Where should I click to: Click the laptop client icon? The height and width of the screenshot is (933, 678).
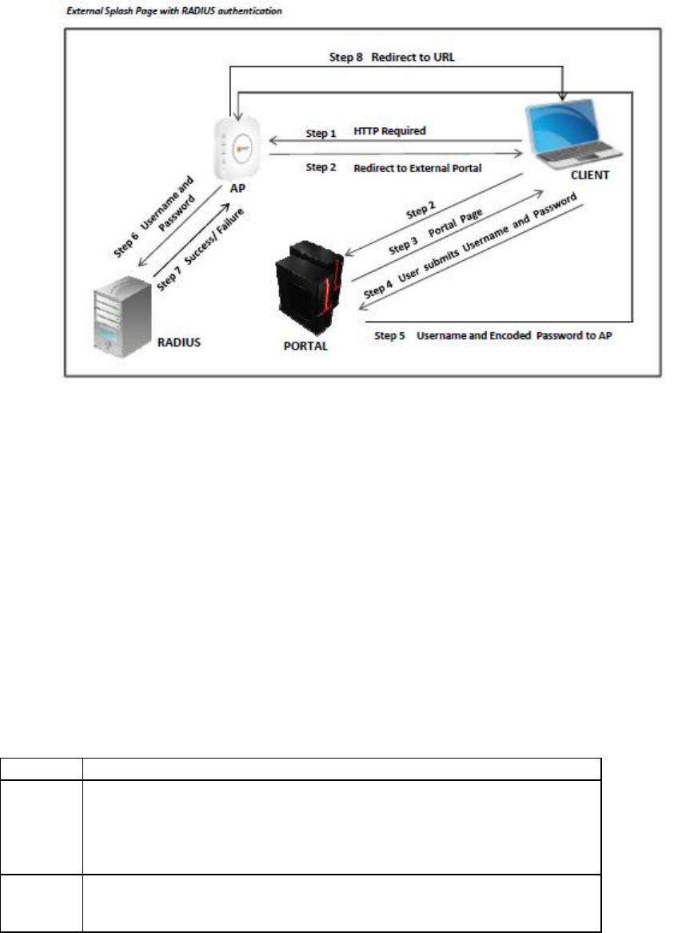pos(570,132)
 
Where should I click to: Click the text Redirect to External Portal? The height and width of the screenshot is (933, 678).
pos(418,169)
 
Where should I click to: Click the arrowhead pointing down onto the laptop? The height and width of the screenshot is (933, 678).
pos(564,97)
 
